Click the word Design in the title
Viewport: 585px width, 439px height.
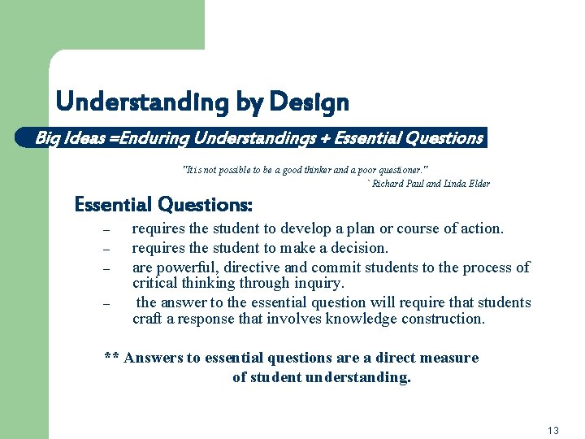(x=309, y=103)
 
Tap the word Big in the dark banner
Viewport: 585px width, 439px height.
(x=47, y=138)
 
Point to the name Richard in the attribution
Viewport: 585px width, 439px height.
(x=390, y=184)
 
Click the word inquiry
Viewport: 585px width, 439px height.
(x=320, y=284)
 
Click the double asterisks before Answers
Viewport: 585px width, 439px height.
(x=113, y=359)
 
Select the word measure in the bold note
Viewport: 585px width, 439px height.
(x=453, y=358)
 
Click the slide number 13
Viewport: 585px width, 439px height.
(x=553, y=431)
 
